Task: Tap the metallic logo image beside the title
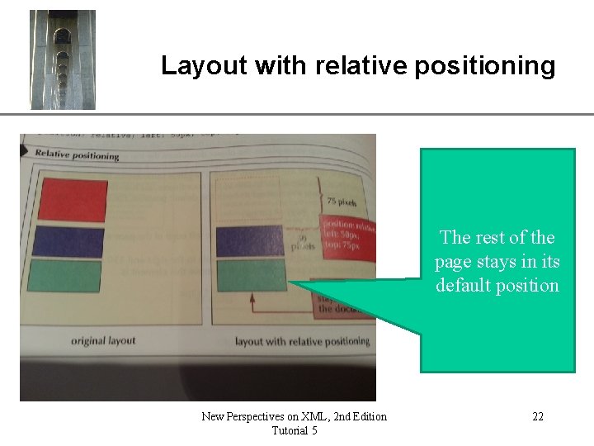point(63,59)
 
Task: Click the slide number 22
point(538,416)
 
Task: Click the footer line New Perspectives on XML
point(294,416)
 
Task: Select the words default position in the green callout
point(497,286)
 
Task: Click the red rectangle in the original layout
point(72,200)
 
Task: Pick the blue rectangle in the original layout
point(69,242)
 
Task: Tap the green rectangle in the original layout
point(65,275)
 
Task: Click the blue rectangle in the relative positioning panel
point(251,241)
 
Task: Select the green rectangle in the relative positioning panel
point(250,273)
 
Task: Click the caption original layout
point(103,340)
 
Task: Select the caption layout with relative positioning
point(302,341)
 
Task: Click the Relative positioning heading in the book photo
point(77,154)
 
